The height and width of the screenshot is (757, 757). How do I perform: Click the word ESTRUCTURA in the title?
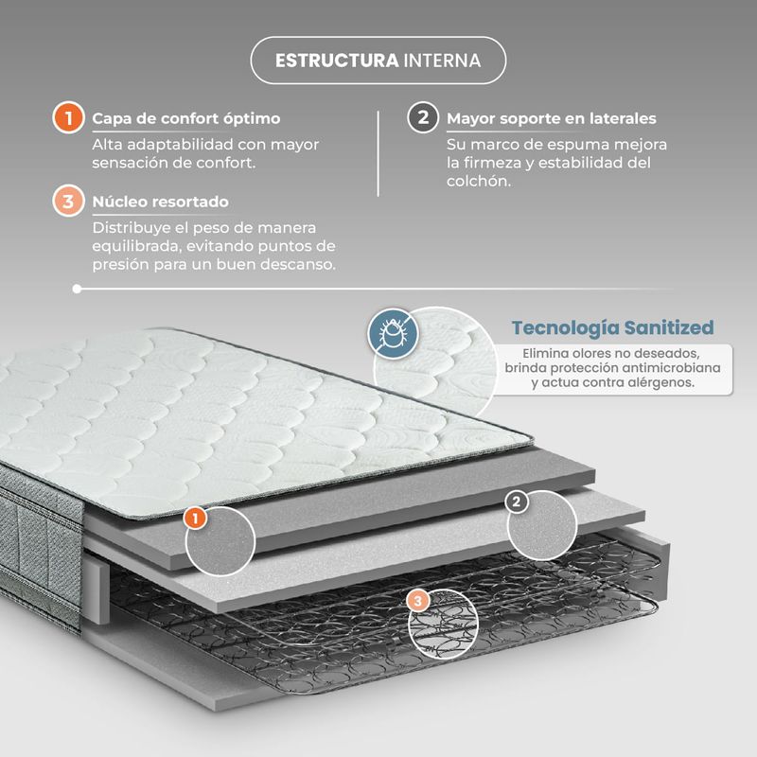(x=337, y=61)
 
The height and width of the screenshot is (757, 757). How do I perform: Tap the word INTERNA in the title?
(x=442, y=61)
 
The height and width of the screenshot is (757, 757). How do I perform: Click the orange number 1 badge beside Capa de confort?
(x=68, y=117)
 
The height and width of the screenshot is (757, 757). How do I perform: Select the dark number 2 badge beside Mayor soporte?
(x=423, y=117)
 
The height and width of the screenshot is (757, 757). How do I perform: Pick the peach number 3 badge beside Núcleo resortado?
(x=68, y=201)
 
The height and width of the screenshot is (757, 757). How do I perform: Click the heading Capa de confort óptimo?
(x=186, y=118)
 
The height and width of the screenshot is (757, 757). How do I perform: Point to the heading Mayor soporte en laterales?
(x=552, y=118)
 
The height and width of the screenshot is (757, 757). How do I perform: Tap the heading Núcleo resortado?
(x=161, y=202)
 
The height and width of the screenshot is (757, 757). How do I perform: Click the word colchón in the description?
(x=479, y=181)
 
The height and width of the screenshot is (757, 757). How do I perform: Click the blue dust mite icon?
(x=393, y=333)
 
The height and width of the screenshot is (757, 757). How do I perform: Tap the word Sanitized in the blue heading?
(x=669, y=327)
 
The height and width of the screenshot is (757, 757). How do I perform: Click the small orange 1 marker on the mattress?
(x=196, y=519)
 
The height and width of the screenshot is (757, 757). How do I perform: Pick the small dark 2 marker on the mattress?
(x=517, y=502)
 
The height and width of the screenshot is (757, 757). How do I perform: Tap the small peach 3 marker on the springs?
(x=418, y=601)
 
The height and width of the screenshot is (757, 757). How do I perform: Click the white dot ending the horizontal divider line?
(x=77, y=289)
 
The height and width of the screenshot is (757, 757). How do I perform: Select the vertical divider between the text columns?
(x=378, y=153)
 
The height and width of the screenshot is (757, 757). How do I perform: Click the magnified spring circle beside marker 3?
(x=443, y=624)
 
